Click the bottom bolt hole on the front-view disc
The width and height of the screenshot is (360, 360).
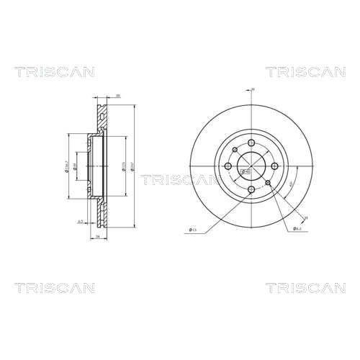pos(249,191)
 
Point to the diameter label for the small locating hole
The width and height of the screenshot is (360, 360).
pos(296,229)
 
